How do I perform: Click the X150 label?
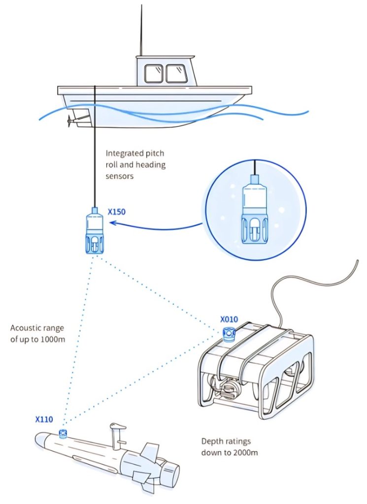coord(116,213)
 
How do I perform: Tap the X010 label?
coord(229,319)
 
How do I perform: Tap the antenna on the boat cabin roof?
coord(141,30)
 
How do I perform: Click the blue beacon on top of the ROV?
coord(228,335)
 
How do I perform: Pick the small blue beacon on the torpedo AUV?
coord(63,434)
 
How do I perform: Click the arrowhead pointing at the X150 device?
coord(112,223)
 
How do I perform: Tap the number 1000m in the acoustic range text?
coord(51,339)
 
